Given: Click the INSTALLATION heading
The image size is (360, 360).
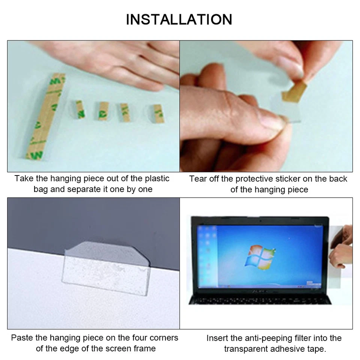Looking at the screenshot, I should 179,19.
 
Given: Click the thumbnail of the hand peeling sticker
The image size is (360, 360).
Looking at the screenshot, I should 266,106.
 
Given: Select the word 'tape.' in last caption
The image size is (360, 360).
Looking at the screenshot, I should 316,349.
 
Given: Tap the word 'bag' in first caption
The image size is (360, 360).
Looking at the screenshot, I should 40,189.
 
